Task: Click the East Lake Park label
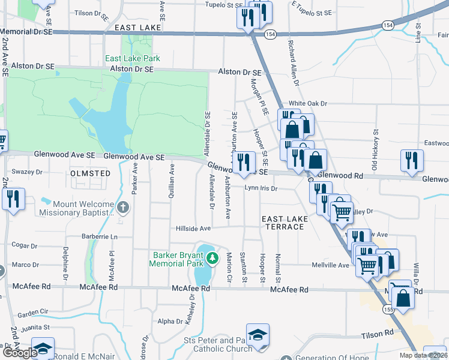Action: [132, 58]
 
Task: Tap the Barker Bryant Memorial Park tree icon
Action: [212, 258]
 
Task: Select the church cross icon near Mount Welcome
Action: [123, 208]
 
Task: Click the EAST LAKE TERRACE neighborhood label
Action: [285, 223]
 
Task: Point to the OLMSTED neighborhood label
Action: [91, 173]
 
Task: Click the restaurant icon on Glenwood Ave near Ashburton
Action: [244, 162]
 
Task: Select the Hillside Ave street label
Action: [193, 229]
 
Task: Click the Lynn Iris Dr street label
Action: [261, 188]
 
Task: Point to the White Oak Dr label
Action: [307, 103]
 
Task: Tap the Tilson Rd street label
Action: [377, 332]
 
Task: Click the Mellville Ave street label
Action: [330, 265]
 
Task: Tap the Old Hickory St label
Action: [376, 145]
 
